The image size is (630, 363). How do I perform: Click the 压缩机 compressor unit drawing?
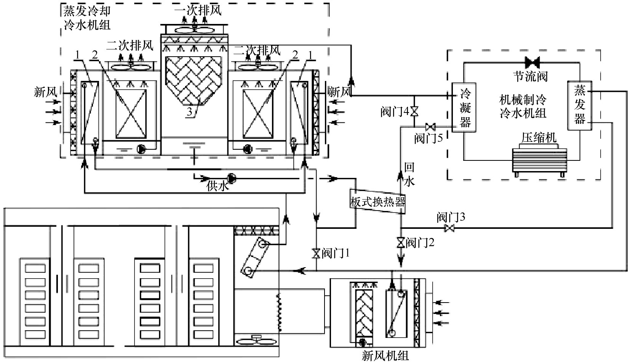click(539, 160)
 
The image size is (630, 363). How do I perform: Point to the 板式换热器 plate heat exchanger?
click(377, 201)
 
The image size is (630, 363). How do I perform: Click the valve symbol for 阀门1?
click(316, 254)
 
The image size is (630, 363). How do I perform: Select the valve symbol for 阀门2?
click(401, 242)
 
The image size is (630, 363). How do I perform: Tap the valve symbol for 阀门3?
click(449, 228)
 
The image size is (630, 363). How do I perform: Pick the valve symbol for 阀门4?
click(414, 111)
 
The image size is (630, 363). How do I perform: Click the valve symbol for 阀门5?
click(430, 127)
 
